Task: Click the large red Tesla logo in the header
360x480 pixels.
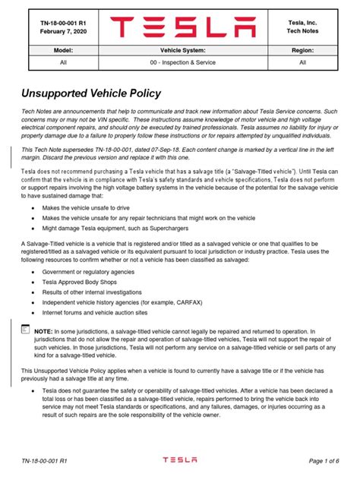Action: (181, 28)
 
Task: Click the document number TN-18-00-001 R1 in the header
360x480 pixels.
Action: (60, 24)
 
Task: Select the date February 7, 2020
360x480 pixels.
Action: (60, 34)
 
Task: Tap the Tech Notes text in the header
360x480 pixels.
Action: (302, 34)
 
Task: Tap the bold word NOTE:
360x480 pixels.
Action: (43, 332)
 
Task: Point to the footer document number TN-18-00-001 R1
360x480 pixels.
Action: (45, 460)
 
